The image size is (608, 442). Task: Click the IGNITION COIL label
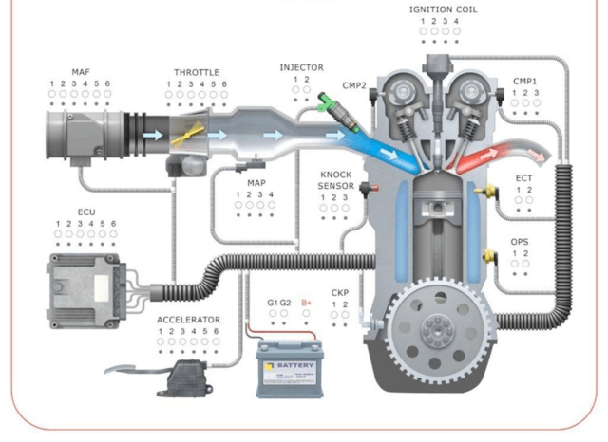coord(444,9)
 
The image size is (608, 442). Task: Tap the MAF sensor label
coord(81,72)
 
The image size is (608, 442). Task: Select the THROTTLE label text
coord(197,72)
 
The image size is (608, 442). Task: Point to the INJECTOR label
coord(301,67)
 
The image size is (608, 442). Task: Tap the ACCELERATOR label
coord(188,320)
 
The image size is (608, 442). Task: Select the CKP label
coord(340,293)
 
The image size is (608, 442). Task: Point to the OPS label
coord(520,242)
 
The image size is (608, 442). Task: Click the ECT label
coord(523,177)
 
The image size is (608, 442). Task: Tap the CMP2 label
coord(354,85)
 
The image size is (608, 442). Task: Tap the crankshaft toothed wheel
coord(439,329)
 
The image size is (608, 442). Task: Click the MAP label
coord(256,182)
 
